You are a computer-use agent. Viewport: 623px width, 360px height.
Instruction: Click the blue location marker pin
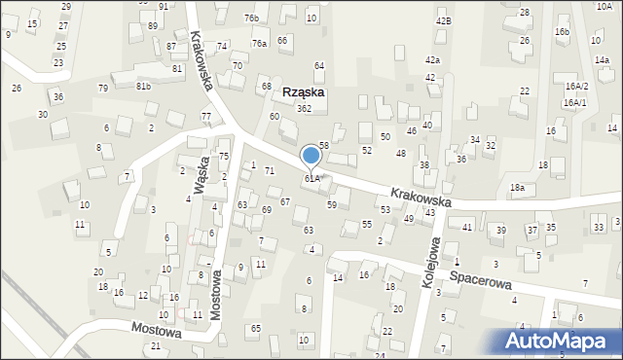[x=311, y=158]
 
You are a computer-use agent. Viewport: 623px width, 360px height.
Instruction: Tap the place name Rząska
[x=304, y=92]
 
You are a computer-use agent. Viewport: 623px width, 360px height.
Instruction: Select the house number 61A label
[x=311, y=179]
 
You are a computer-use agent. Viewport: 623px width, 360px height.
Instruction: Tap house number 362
[x=304, y=109]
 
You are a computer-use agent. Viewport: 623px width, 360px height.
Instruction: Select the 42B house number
[x=444, y=20]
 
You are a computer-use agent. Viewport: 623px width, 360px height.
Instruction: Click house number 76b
[x=252, y=18]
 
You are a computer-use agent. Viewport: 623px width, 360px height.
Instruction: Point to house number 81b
[x=144, y=87]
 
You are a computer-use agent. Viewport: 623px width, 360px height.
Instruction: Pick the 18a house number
[x=517, y=187]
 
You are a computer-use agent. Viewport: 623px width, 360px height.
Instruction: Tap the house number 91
[x=163, y=6]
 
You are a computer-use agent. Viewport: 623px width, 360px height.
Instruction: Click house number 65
[x=255, y=329]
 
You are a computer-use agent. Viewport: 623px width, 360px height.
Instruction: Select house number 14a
[x=602, y=60]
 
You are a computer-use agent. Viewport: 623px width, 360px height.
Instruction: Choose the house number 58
[x=324, y=145]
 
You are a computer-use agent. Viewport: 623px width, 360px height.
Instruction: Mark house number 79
[x=103, y=89]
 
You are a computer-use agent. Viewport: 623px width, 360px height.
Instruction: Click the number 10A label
[x=605, y=6]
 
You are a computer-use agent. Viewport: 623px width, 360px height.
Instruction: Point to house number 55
[x=367, y=224]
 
